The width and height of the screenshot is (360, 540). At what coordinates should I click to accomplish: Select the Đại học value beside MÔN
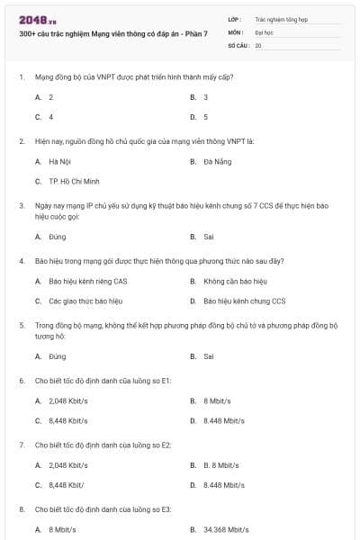point(264,31)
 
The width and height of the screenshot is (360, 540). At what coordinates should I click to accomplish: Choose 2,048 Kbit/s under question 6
point(68,400)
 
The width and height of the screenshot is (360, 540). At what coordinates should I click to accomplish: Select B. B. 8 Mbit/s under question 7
point(220,464)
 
